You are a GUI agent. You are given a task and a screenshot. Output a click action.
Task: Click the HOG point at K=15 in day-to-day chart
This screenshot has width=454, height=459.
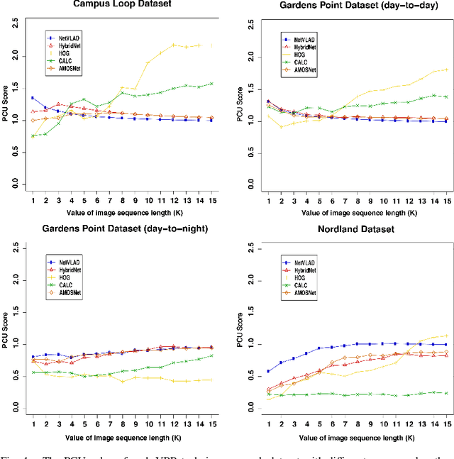pos(445,70)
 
